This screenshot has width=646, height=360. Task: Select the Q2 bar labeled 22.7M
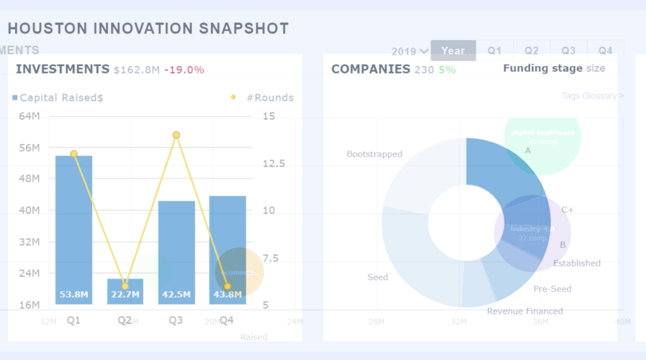click(x=125, y=291)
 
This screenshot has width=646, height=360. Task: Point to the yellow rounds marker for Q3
click(x=176, y=135)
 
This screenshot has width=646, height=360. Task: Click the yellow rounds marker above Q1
click(x=74, y=154)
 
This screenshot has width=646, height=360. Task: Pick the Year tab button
click(x=453, y=51)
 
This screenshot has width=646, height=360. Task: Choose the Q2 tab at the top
click(x=531, y=51)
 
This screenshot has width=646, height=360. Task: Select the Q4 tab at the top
click(x=605, y=51)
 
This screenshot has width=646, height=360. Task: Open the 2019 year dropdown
click(x=409, y=51)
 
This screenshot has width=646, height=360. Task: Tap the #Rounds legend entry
click(x=263, y=98)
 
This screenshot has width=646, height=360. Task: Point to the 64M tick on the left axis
click(x=29, y=116)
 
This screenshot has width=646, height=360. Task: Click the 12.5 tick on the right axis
click(x=274, y=164)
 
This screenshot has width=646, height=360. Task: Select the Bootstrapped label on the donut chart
click(x=374, y=154)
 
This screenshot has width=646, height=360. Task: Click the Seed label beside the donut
click(x=378, y=277)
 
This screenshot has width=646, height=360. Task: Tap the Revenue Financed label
click(x=525, y=311)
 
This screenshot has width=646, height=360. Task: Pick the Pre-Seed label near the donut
click(x=552, y=289)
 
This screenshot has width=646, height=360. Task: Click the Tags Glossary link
click(x=592, y=96)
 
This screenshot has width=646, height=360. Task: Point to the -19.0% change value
click(x=184, y=70)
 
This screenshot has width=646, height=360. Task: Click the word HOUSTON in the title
click(x=47, y=28)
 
